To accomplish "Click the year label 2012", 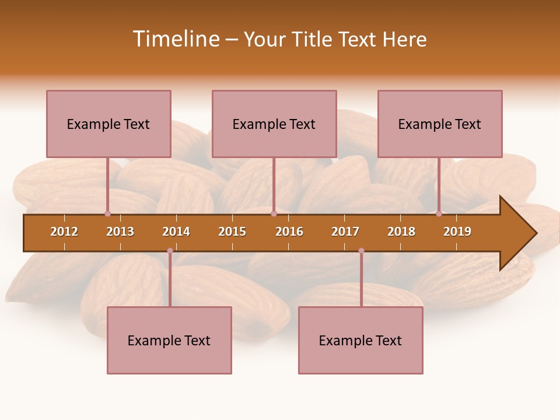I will click(x=64, y=232).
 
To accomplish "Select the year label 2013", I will click(x=120, y=232).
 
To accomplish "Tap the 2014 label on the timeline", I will click(x=176, y=232).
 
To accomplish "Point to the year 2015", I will click(x=232, y=232).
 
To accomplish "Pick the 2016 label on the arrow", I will click(x=289, y=232).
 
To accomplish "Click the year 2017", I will click(x=345, y=232).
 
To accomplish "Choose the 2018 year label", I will click(x=401, y=232).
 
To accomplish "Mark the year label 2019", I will click(x=457, y=232).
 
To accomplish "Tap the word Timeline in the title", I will click(x=176, y=39).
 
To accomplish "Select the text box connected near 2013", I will click(x=108, y=124).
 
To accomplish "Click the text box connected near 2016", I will click(x=274, y=124).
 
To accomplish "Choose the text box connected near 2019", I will click(x=440, y=124).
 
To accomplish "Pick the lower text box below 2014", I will click(x=169, y=340).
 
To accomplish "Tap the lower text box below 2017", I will click(x=360, y=340).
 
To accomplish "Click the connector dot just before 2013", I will click(x=107, y=213).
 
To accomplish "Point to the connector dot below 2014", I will click(x=170, y=251).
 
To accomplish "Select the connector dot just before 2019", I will click(x=439, y=213).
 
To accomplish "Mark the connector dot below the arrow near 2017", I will click(x=361, y=251).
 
